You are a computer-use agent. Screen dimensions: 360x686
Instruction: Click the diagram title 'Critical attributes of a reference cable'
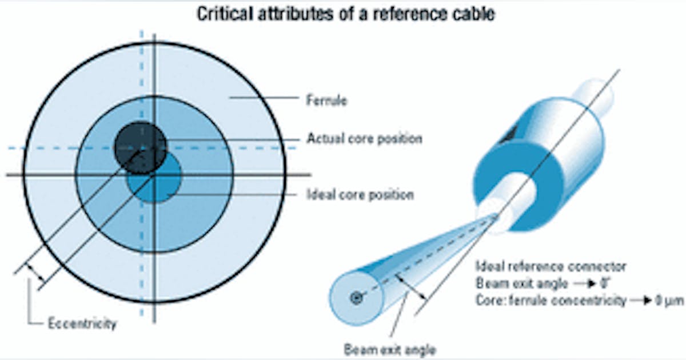point(346,14)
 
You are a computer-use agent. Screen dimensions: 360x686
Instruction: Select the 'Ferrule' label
point(326,101)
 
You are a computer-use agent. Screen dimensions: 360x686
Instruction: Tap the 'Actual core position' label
point(364,139)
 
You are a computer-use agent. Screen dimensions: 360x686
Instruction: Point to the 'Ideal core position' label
point(360,194)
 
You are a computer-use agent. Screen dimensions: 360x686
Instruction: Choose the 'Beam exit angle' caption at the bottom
point(390,349)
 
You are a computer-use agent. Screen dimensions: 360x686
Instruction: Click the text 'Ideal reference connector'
point(551,266)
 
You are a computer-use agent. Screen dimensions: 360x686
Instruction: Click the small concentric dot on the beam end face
point(357,298)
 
